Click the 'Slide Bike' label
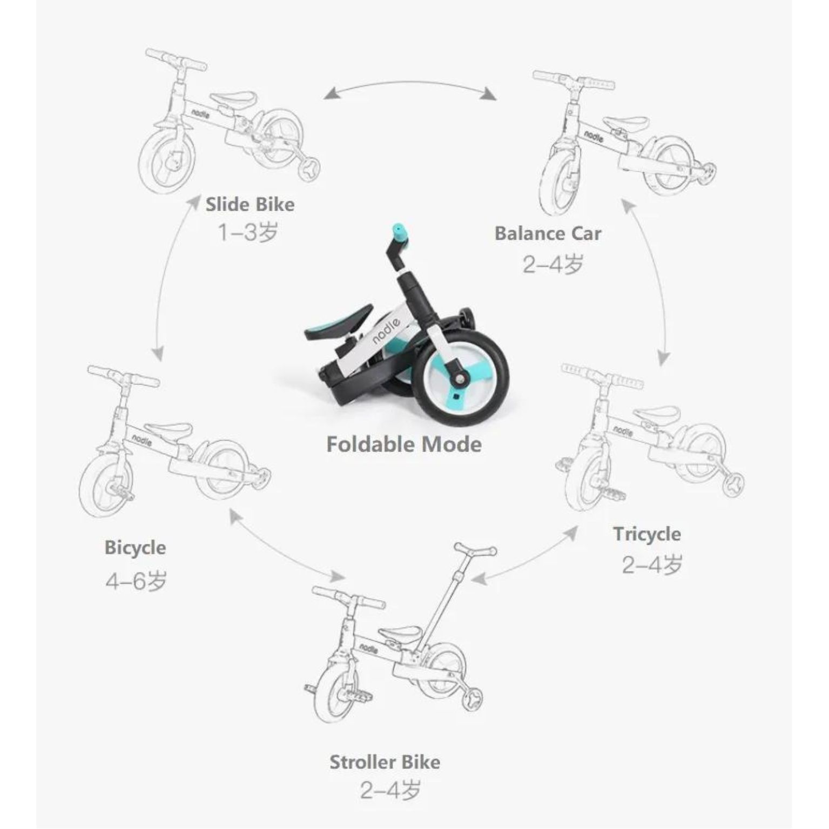(x=250, y=205)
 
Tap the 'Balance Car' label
(x=548, y=234)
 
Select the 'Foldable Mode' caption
(x=404, y=444)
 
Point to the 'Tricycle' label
(x=647, y=534)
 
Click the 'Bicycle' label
(x=135, y=548)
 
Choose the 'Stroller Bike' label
(x=385, y=762)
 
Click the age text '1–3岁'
(x=248, y=233)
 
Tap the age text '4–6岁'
(x=136, y=581)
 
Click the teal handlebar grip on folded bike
(x=400, y=232)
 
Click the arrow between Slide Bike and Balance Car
(x=410, y=83)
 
